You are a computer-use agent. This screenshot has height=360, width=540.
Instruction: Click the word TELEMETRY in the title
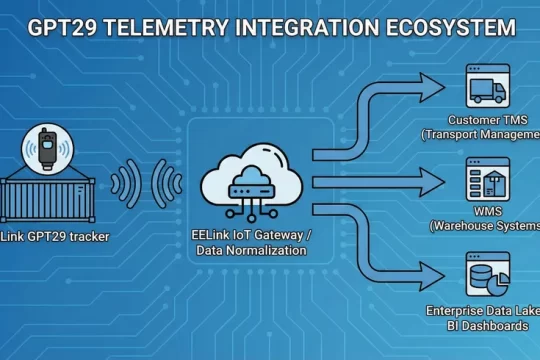coord(169,26)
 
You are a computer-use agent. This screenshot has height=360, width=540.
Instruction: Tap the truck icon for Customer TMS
coord(489,87)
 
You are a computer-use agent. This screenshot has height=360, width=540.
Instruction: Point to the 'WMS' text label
coord(489,212)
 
